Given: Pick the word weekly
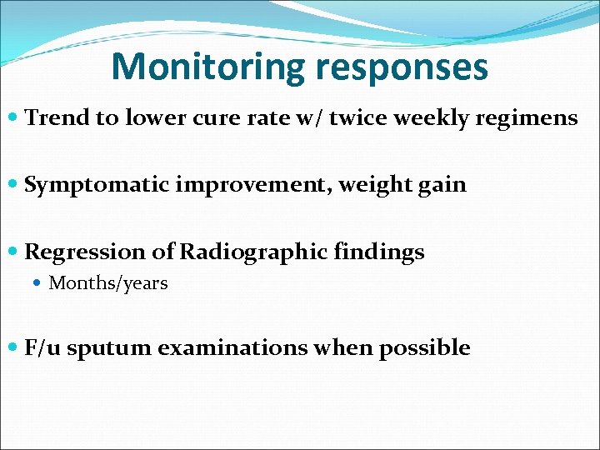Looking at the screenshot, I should pyautogui.click(x=432, y=118).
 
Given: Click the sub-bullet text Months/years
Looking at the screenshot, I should pyautogui.click(x=108, y=283).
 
